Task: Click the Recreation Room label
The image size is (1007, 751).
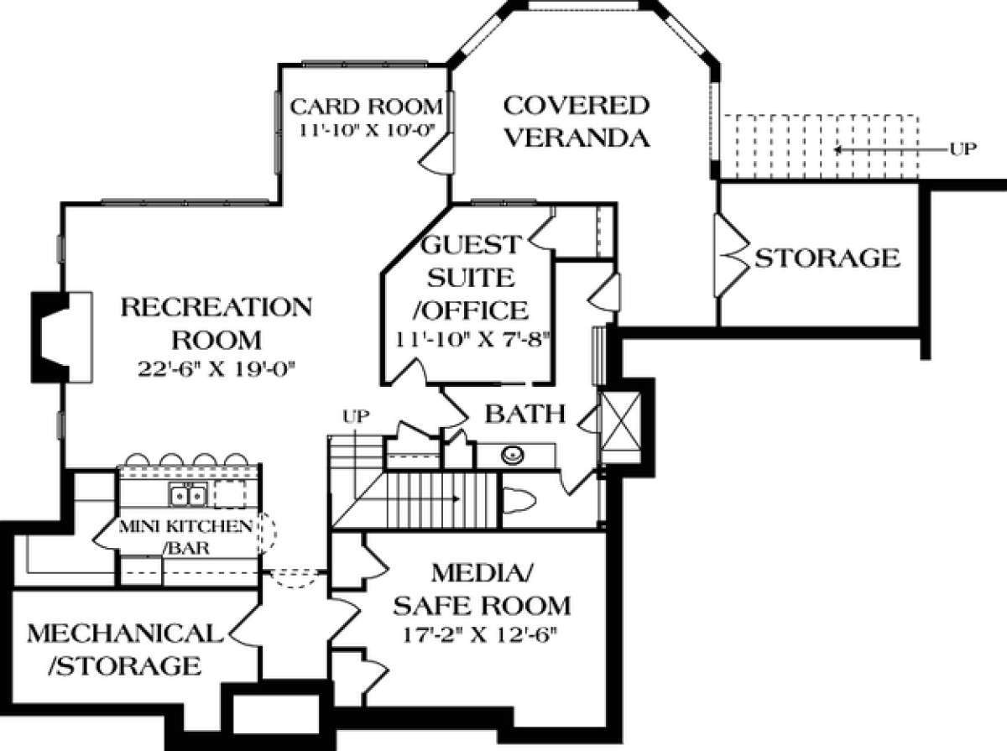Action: point(216,323)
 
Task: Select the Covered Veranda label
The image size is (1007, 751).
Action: point(576,121)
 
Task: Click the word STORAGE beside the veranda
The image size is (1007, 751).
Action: point(827,258)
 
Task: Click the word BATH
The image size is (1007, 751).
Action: point(525,413)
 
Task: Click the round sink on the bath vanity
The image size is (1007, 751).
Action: point(512,456)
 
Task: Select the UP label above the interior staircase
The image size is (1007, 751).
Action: point(356,415)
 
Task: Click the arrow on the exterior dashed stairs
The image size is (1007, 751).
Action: point(873,150)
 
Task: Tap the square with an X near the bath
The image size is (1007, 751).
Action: point(624,424)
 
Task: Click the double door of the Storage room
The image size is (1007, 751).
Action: point(730,256)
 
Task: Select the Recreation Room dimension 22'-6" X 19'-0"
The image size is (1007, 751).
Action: point(216,368)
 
